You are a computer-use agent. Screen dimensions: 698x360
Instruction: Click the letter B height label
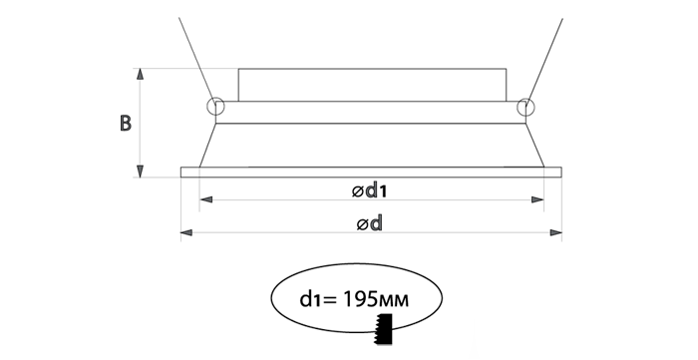click(x=126, y=124)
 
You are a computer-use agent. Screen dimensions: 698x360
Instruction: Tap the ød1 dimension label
click(x=369, y=190)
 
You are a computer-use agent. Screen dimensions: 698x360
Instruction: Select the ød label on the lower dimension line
click(x=370, y=223)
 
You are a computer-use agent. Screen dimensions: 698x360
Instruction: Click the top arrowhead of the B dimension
click(x=141, y=74)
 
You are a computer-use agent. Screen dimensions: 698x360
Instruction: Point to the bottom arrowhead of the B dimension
click(x=141, y=172)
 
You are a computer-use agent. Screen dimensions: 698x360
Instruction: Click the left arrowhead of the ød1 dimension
click(x=205, y=199)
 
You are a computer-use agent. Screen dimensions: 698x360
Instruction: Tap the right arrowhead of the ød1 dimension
click(x=537, y=199)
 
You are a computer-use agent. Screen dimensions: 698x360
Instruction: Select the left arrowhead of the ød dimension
click(x=186, y=232)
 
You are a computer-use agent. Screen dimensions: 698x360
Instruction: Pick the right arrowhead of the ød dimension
click(x=556, y=232)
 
